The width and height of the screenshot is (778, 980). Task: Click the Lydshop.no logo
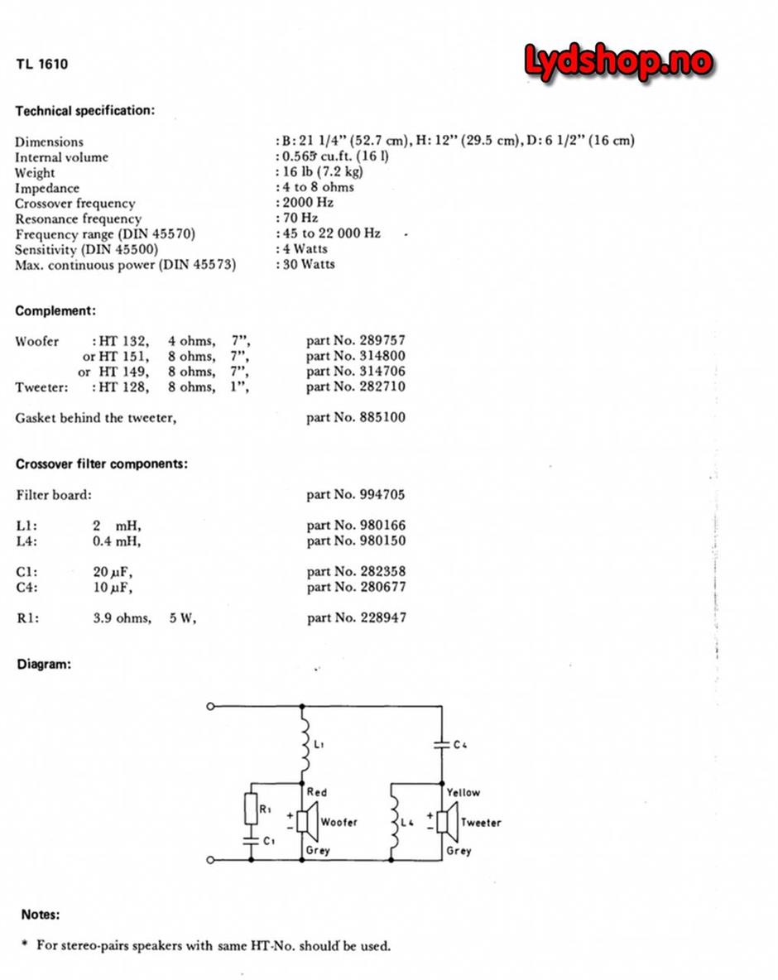click(618, 63)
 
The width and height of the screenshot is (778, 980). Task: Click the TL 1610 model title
click(41, 64)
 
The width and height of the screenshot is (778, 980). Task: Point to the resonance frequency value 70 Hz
click(300, 219)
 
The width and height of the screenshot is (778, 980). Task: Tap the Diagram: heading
click(44, 664)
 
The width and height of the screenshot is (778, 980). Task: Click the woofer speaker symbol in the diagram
click(305, 822)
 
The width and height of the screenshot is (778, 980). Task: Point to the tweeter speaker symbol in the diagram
click(444, 822)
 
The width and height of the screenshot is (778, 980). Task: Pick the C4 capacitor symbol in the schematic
click(443, 745)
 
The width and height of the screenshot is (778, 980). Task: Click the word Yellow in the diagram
click(463, 792)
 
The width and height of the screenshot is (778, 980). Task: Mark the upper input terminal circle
click(210, 706)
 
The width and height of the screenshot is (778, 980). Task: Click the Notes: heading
click(41, 915)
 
